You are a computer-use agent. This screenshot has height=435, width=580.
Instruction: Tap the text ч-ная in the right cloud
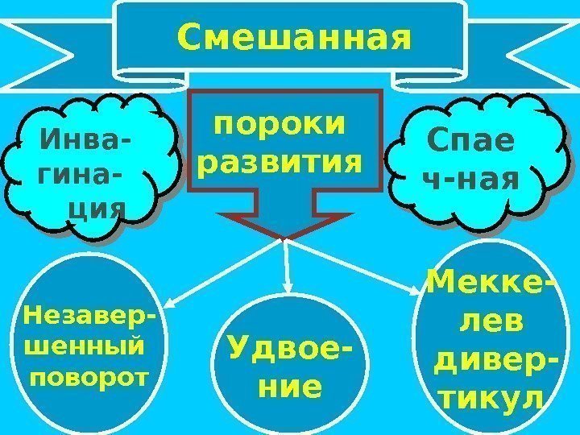[470, 180]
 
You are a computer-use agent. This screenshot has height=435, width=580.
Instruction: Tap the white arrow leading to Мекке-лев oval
[350, 263]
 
